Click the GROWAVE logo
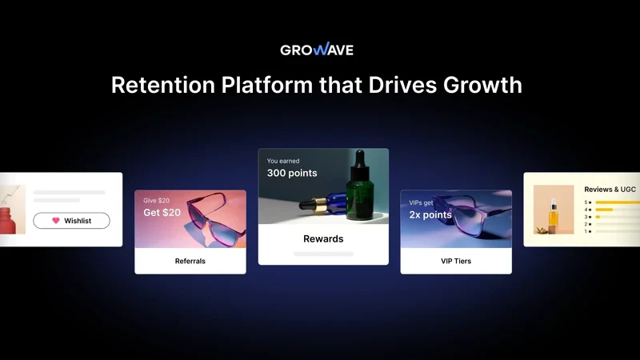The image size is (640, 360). pyautogui.click(x=317, y=50)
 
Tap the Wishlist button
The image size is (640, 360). pyautogui.click(x=71, y=221)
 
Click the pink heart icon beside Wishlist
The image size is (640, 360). pyautogui.click(x=55, y=221)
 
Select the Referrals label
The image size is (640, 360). pyautogui.click(x=190, y=261)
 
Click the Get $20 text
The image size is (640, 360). pyautogui.click(x=162, y=213)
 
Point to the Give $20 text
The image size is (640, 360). pyautogui.click(x=156, y=200)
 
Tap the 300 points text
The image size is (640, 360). pyautogui.click(x=292, y=173)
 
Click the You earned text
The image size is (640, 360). pyautogui.click(x=283, y=161)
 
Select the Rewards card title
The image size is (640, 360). pyautogui.click(x=322, y=238)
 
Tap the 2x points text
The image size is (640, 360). pyautogui.click(x=430, y=215)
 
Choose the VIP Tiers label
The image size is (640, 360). pyautogui.click(x=456, y=261)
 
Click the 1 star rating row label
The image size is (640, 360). pyautogui.click(x=588, y=231)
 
